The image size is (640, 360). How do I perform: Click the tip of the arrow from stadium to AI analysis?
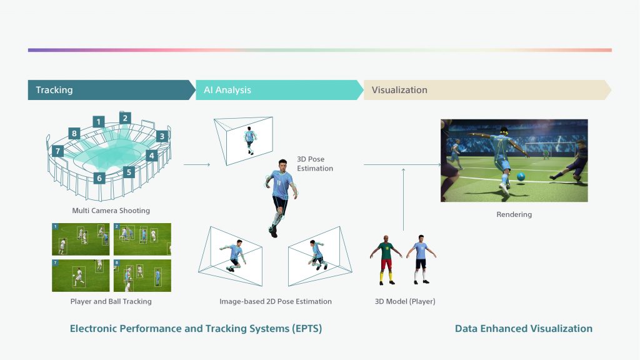click(x=210, y=164)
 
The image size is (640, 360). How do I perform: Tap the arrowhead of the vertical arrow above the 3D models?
click(x=403, y=169)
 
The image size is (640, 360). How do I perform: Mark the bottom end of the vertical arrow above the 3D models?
click(x=403, y=231)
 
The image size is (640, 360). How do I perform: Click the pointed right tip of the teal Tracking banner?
click(x=196, y=90)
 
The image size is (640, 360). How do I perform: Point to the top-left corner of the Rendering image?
click(x=441, y=119)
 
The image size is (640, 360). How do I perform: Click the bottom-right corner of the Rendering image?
click(x=588, y=202)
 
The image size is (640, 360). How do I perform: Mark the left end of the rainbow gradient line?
click(x=28, y=50)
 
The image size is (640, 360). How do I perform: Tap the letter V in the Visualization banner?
click(x=374, y=90)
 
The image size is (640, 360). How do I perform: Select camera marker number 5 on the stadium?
click(x=129, y=172)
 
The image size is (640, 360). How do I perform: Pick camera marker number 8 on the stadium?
click(x=74, y=133)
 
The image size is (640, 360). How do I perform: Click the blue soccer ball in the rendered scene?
click(x=521, y=177)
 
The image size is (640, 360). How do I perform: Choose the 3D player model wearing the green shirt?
click(x=386, y=260)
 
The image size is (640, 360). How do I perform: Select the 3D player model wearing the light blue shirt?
click(x=421, y=259)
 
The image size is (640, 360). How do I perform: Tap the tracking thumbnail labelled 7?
click(x=81, y=276)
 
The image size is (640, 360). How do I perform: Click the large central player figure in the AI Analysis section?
click(x=281, y=198)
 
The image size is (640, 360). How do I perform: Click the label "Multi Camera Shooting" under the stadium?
click(x=111, y=211)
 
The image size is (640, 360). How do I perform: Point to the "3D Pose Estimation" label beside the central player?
click(x=315, y=164)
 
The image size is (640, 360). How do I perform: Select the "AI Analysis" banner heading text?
click(x=227, y=90)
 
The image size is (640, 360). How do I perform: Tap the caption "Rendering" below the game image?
click(x=514, y=214)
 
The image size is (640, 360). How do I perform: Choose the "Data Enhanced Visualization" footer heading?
click(x=524, y=329)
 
